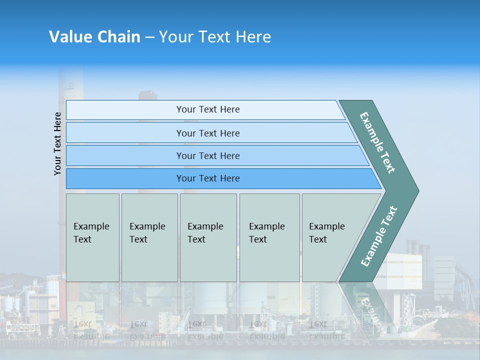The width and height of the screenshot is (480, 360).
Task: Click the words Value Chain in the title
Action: [94, 37]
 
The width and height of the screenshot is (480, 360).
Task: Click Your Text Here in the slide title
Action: [215, 37]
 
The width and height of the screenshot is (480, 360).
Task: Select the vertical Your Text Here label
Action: [58, 143]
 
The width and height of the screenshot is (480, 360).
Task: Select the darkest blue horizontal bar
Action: [125, 178]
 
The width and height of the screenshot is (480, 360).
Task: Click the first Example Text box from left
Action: [92, 237]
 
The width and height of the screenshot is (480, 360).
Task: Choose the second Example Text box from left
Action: [149, 237]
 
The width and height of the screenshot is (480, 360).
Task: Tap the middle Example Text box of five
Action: [208, 237]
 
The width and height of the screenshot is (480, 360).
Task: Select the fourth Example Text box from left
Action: [269, 237]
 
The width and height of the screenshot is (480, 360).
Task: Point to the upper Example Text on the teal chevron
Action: [377, 142]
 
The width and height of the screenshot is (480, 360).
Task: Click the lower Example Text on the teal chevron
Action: [378, 236]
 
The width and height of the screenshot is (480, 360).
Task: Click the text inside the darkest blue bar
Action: [208, 178]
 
